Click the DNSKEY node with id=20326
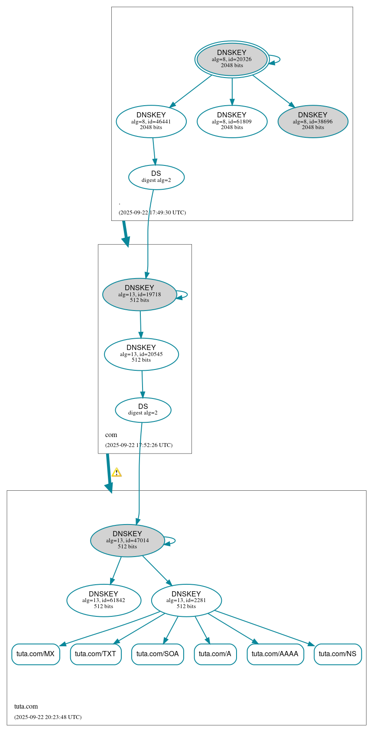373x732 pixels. (232, 59)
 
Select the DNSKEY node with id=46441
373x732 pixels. (151, 121)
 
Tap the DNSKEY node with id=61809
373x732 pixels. (232, 121)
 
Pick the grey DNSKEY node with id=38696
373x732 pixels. (313, 121)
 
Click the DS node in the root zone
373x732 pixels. (156, 177)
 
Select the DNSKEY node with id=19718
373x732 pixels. (139, 294)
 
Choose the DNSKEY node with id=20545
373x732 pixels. (141, 354)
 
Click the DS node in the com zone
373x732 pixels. (143, 409)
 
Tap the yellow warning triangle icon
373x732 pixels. (117, 473)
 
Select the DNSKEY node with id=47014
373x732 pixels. (127, 540)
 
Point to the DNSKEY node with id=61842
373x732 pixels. (104, 600)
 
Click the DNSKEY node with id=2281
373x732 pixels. (186, 600)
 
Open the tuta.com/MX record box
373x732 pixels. (36, 654)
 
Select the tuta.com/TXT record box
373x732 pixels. (96, 654)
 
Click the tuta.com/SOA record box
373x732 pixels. (158, 654)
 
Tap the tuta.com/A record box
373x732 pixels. (215, 654)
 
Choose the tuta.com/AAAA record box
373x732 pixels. (275, 654)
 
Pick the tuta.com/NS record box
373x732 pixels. (337, 654)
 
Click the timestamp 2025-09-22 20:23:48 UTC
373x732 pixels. (48, 717)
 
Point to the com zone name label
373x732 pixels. (111, 434)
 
